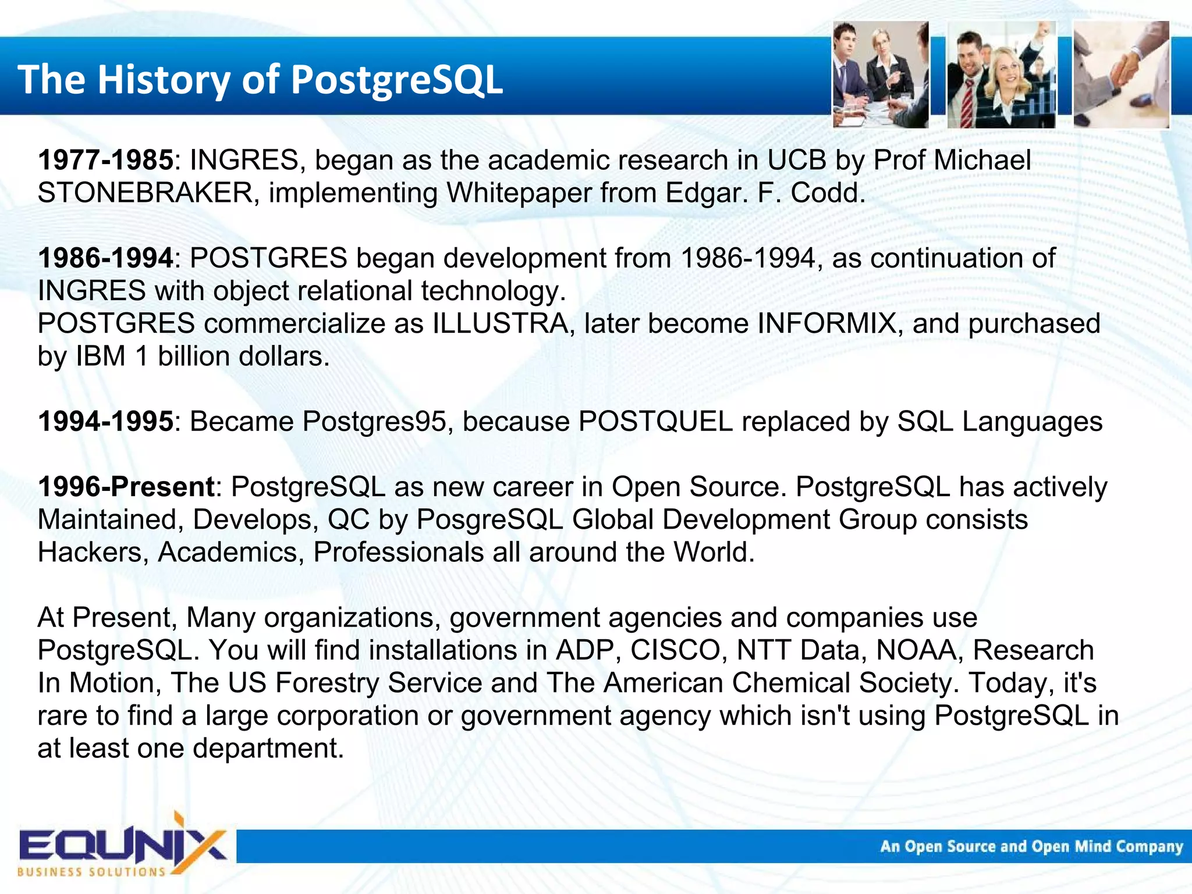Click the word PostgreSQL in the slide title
click(x=396, y=80)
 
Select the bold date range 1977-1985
click(x=105, y=160)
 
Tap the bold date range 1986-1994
click(x=105, y=258)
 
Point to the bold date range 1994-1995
click(x=105, y=422)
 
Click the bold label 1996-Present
click(x=126, y=487)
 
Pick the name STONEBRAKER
click(x=145, y=193)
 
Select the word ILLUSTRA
click(x=499, y=324)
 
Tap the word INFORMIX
click(x=826, y=324)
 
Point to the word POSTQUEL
click(x=655, y=422)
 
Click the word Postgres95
click(x=377, y=422)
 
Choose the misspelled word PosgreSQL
click(x=489, y=519)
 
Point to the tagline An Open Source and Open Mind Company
click(x=1031, y=846)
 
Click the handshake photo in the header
click(x=1120, y=74)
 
